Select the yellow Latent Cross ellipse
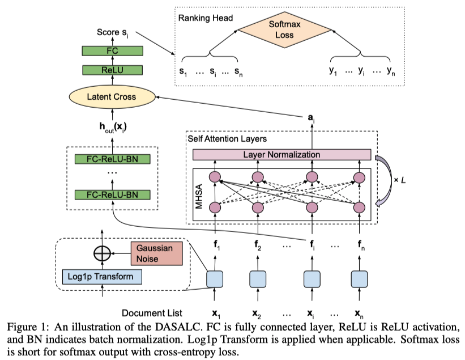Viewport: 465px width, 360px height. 111,97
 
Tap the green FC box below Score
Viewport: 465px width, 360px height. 111,51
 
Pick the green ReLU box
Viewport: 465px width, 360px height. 111,70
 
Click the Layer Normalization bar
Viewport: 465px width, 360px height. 281,155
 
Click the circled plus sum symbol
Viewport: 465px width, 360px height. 101,253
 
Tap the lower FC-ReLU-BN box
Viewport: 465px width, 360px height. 111,194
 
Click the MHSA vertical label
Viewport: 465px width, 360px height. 199,192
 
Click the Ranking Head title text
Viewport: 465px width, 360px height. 206,18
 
